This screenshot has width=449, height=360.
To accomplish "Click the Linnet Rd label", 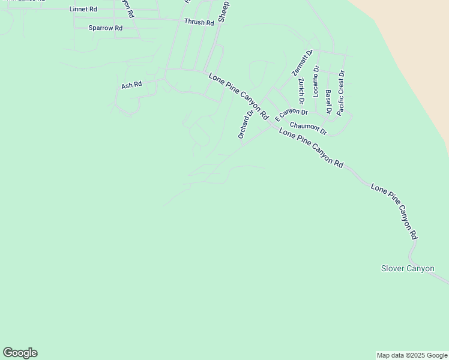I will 83,10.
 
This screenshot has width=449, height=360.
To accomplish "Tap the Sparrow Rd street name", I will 105,28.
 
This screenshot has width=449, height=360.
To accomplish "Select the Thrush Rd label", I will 199,22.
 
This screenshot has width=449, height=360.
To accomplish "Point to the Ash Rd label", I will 131,85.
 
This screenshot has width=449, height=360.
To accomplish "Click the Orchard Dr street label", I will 246,124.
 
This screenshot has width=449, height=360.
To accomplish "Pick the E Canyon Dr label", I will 291,113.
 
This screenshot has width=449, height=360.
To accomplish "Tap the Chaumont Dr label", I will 307,128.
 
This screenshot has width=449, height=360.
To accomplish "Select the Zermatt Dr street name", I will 303,62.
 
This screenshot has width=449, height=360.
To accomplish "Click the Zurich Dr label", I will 301,90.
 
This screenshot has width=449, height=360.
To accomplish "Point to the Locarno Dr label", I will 316,81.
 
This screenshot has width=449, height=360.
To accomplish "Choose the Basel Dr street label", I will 328,101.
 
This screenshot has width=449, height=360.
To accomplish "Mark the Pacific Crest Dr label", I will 341,93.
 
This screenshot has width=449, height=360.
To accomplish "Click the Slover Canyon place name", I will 408,268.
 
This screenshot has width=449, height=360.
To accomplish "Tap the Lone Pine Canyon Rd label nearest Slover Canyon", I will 394,211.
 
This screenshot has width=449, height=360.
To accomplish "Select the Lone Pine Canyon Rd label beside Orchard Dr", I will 238,95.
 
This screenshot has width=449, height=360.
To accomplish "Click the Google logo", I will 20,353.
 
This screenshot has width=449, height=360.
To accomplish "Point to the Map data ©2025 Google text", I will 412,355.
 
